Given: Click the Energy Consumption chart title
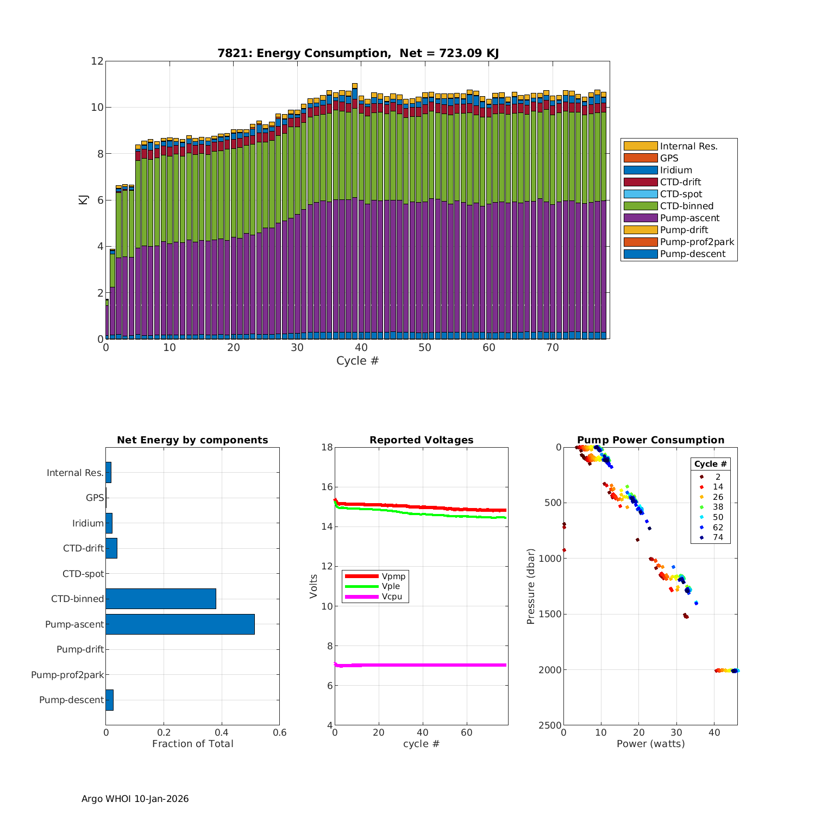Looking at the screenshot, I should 358,53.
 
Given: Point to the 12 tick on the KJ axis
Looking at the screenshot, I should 97,61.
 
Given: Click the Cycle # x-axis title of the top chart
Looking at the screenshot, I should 358,361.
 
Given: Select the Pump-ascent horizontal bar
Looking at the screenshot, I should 180,624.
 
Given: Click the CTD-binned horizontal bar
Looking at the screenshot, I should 161,599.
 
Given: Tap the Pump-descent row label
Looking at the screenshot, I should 71,700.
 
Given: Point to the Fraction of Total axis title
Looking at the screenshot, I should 192,744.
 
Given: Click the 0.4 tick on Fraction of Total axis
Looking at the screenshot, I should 222,732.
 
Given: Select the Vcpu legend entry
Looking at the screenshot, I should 393,597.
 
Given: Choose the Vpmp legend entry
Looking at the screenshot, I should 393,576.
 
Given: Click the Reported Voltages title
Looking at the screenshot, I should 421,440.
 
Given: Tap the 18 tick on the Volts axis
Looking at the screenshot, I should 327,447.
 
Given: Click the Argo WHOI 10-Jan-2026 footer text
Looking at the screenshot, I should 135,799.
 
